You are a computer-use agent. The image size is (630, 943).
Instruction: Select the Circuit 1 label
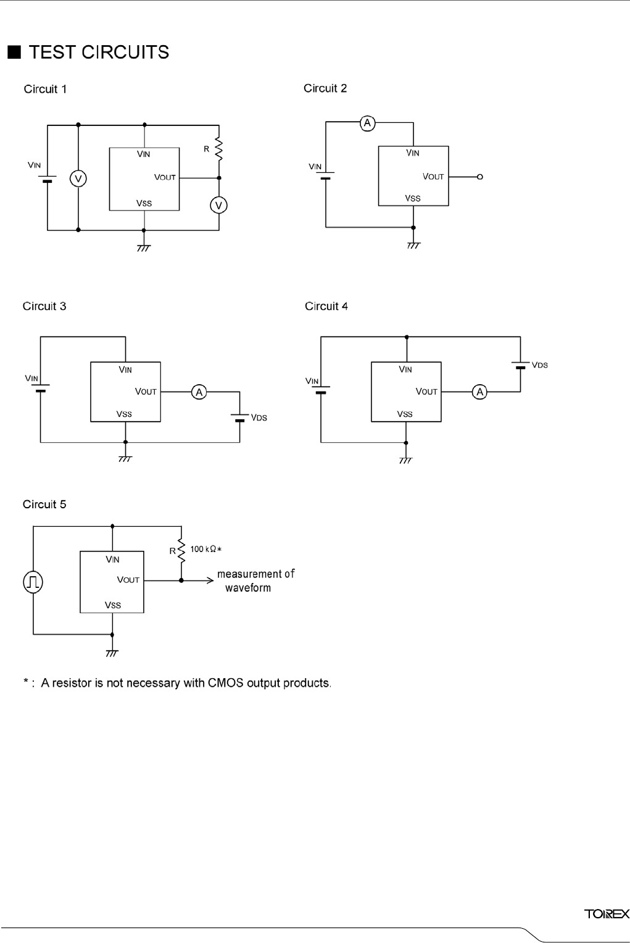[45, 89]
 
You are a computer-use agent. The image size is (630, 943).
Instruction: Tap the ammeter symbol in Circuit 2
[368, 124]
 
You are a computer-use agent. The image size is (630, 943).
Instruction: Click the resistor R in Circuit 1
[218, 148]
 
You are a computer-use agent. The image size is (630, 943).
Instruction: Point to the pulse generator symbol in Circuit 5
[33, 582]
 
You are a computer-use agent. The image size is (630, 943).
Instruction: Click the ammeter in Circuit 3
[199, 392]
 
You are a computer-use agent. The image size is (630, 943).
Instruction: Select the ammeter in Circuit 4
[480, 392]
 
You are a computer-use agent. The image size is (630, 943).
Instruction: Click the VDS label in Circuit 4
[539, 365]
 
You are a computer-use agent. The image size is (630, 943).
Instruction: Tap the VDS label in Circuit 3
[259, 418]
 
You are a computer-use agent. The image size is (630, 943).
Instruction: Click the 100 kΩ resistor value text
[205, 549]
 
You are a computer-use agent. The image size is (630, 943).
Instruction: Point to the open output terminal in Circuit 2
[481, 177]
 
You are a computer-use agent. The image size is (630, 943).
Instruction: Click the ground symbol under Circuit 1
[144, 248]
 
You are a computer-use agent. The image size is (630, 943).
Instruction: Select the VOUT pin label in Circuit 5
[128, 580]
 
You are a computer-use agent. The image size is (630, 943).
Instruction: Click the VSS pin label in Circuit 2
[413, 198]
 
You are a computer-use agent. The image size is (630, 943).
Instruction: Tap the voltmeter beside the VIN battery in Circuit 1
[78, 178]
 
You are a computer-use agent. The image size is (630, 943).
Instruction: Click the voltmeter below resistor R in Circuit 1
[218, 204]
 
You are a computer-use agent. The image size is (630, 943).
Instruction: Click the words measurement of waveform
[255, 580]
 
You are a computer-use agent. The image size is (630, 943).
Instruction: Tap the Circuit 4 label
[326, 306]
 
